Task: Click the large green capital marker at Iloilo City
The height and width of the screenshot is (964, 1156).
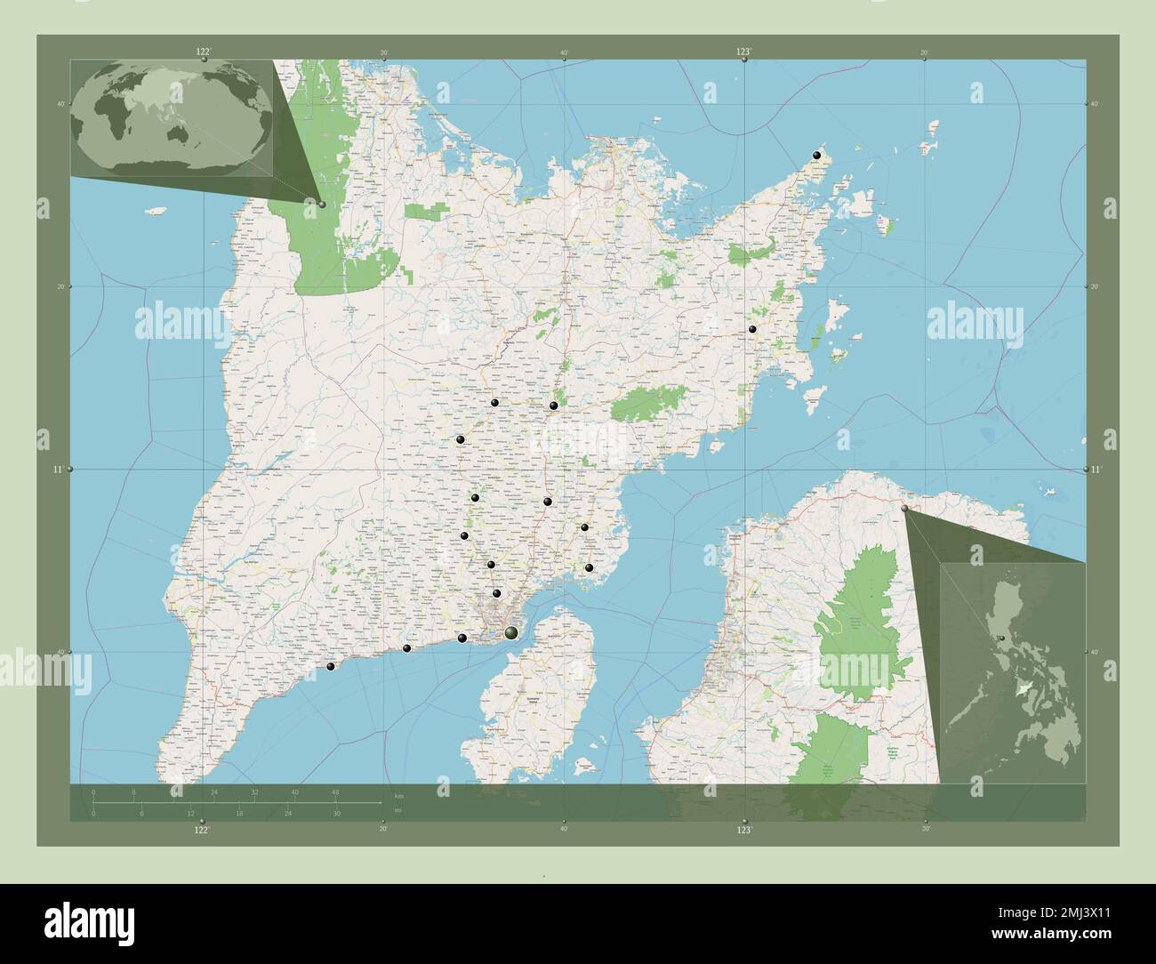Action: (x=510, y=633)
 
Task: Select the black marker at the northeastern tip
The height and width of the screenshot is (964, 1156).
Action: (x=816, y=157)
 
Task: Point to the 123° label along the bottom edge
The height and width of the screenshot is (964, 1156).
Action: (x=744, y=830)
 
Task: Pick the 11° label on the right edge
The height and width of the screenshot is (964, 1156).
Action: (x=1096, y=469)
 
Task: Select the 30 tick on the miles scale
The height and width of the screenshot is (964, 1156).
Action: (x=335, y=814)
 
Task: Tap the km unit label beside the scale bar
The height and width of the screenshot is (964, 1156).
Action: (x=398, y=795)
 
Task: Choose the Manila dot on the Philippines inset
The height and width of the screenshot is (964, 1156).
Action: (x=1003, y=639)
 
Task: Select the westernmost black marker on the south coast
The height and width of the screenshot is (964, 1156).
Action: (x=331, y=667)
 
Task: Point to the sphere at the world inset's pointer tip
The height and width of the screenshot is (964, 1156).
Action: (x=322, y=205)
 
